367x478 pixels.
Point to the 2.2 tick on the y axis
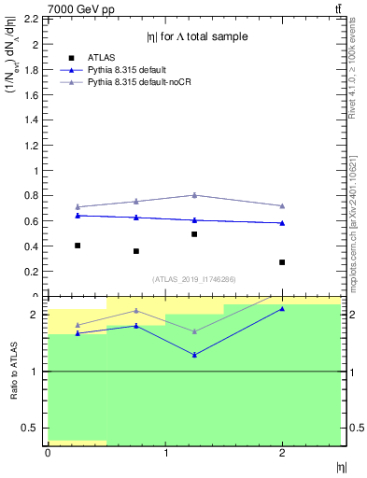coord(32,19)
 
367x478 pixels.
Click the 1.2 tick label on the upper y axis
coord(32,146)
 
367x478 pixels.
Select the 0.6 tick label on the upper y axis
coord(32,221)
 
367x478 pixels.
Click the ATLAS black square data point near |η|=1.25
coord(194,234)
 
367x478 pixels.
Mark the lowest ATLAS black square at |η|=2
coord(282,262)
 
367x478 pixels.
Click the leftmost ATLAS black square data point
coord(78,246)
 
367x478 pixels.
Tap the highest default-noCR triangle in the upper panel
coord(194,195)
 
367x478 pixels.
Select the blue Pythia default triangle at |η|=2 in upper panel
coord(282,223)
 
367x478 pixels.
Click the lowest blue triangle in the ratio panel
coord(194,355)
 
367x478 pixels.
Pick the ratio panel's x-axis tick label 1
coord(165,453)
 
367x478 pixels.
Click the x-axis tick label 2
coord(282,453)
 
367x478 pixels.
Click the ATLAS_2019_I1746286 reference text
coord(194,279)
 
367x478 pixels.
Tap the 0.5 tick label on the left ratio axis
coord(31,429)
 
